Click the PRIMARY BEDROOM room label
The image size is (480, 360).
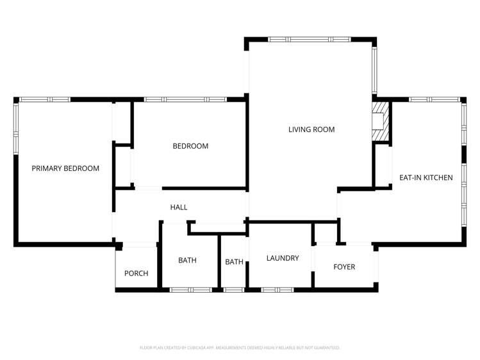pyautogui.click(x=65, y=168)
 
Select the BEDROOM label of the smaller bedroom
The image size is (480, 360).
pyautogui.click(x=190, y=146)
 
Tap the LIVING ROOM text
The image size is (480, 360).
pyautogui.click(x=311, y=129)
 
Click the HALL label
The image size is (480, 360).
pyautogui.click(x=179, y=208)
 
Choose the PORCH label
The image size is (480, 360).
pyautogui.click(x=136, y=274)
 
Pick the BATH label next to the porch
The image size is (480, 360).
pyautogui.click(x=187, y=261)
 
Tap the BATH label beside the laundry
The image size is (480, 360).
pyautogui.click(x=234, y=262)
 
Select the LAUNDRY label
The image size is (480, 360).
pyautogui.click(x=283, y=258)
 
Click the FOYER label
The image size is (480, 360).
pyautogui.click(x=344, y=266)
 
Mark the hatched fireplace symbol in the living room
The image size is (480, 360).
pyautogui.click(x=381, y=121)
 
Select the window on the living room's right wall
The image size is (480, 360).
pyautogui.click(x=376, y=69)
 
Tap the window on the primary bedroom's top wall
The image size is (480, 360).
pyautogui.click(x=44, y=99)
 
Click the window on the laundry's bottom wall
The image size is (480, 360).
pyautogui.click(x=277, y=290)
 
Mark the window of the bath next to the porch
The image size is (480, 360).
pyautogui.click(x=190, y=290)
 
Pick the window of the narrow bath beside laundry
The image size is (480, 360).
pyautogui.click(x=233, y=290)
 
